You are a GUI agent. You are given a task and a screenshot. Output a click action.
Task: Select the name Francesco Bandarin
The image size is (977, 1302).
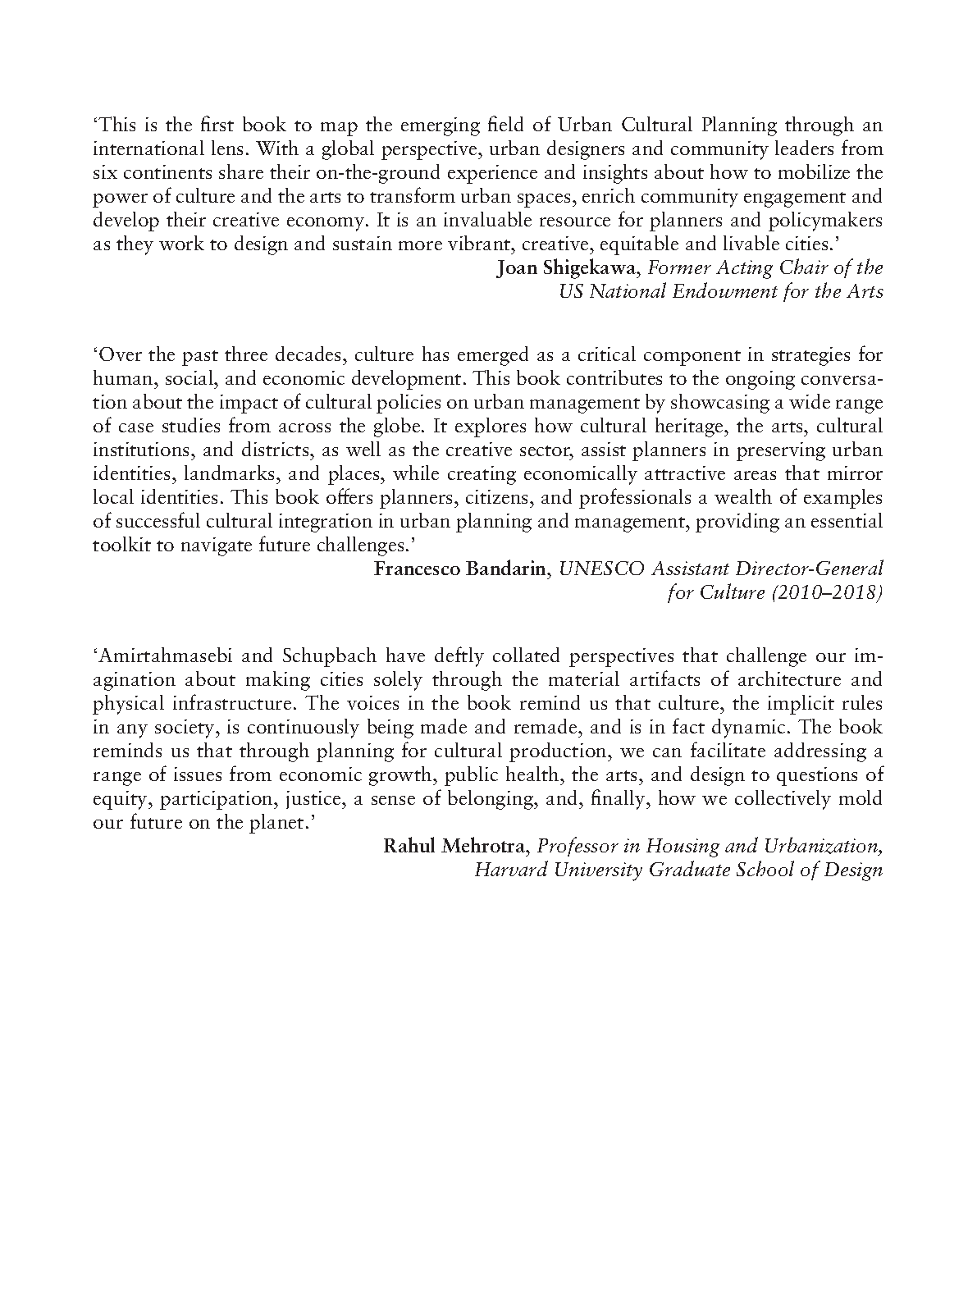[460, 569]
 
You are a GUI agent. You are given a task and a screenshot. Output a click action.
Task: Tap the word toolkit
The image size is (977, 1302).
[121, 546]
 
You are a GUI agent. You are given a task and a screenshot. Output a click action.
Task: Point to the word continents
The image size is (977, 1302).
[155, 174]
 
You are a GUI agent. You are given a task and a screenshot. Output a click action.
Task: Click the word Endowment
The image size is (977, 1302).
[720, 292]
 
